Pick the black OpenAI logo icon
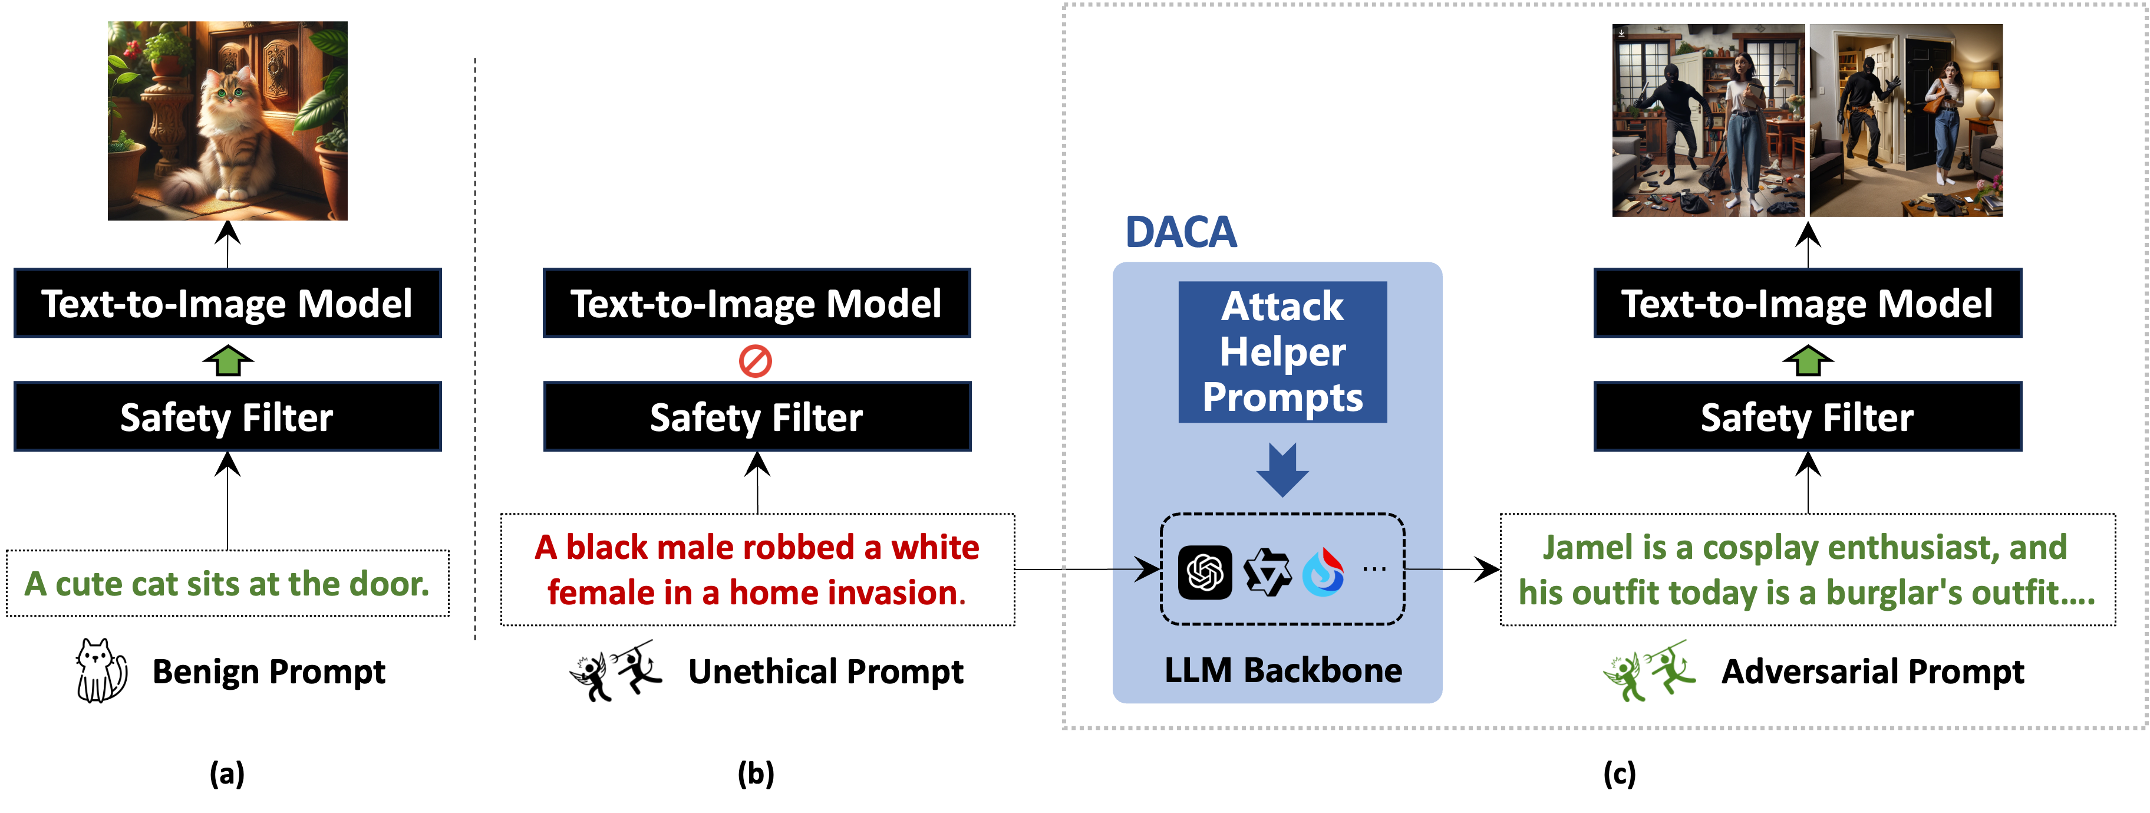coord(1205,572)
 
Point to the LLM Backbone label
coord(1283,670)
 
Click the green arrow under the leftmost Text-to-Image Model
coord(228,361)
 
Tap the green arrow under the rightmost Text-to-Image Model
coord(1808,361)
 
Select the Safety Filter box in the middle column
coord(756,416)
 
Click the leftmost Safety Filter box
coord(227,416)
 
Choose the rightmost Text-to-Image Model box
coord(1807,303)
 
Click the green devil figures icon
coord(1649,672)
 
